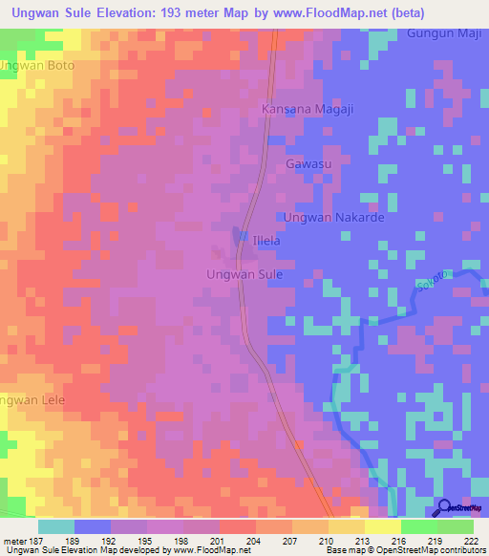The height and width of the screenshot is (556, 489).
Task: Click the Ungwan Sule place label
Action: pyautogui.click(x=244, y=274)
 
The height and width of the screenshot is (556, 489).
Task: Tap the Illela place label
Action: pyautogui.click(x=265, y=241)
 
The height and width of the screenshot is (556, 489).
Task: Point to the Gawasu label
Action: pyautogui.click(x=307, y=165)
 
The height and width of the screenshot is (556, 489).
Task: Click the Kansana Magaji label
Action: pyautogui.click(x=308, y=110)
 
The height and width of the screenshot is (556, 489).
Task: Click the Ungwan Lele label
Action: pyautogui.click(x=32, y=399)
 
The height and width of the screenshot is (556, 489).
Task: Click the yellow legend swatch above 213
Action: pyautogui.click(x=347, y=526)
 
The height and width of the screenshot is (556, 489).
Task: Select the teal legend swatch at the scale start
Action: pyautogui.click(x=56, y=526)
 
